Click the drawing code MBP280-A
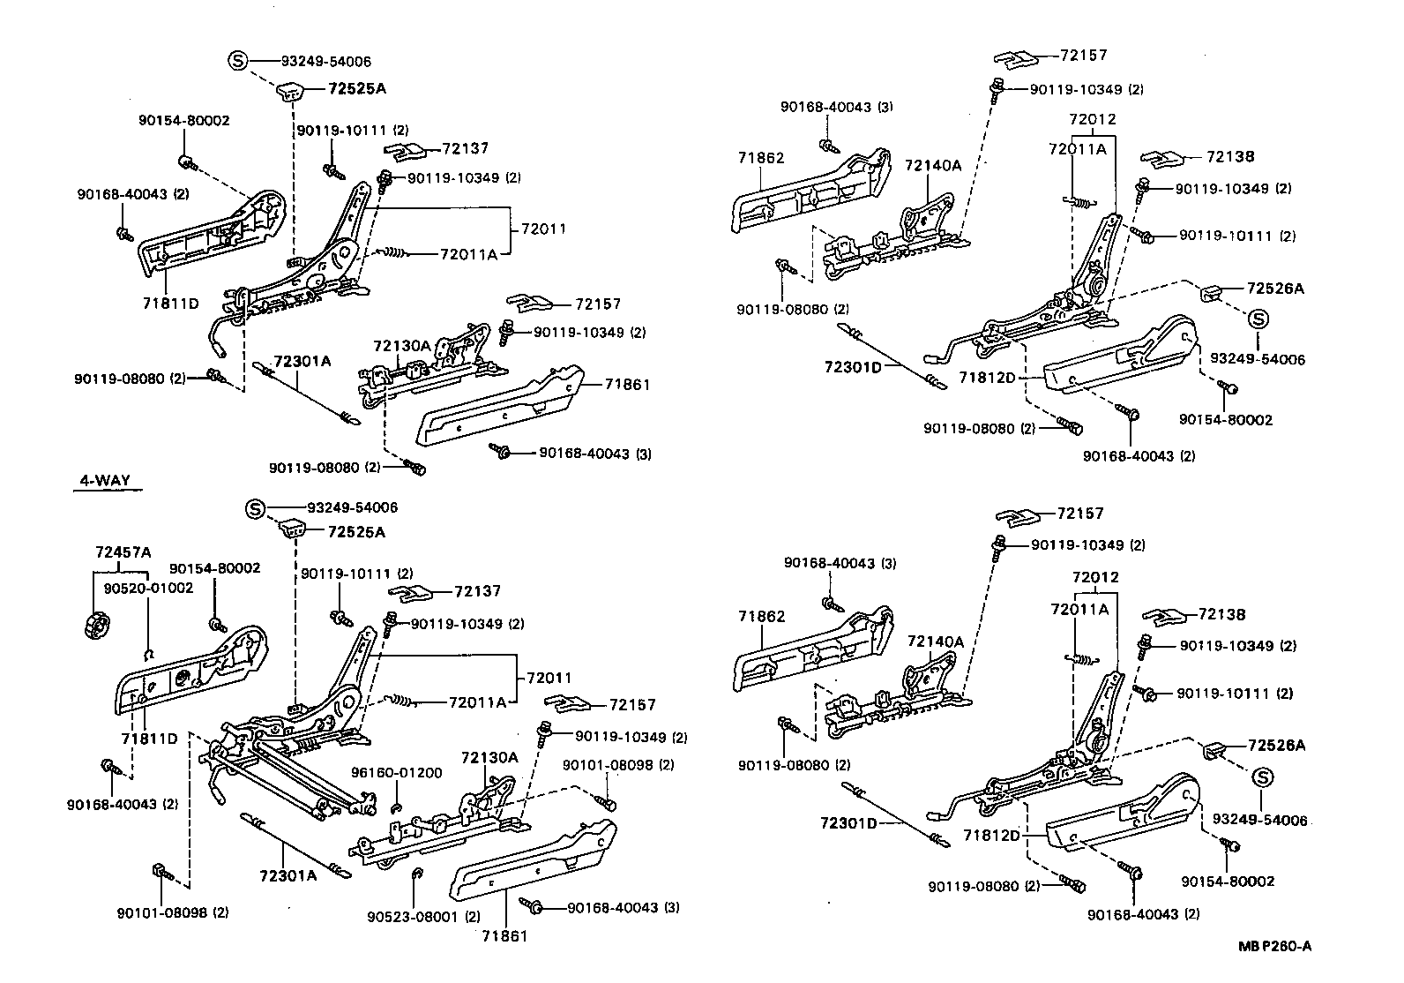[1273, 947]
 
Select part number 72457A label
[123, 552]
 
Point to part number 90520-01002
[147, 587]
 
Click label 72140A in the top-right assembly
[933, 166]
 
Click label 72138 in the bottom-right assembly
[1221, 614]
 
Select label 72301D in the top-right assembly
[853, 367]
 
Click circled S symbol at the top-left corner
[237, 61]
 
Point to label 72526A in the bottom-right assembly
[1275, 746]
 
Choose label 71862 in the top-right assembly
[761, 158]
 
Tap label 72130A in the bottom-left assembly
[489, 757]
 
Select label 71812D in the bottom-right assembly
[990, 835]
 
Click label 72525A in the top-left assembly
[357, 88]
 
